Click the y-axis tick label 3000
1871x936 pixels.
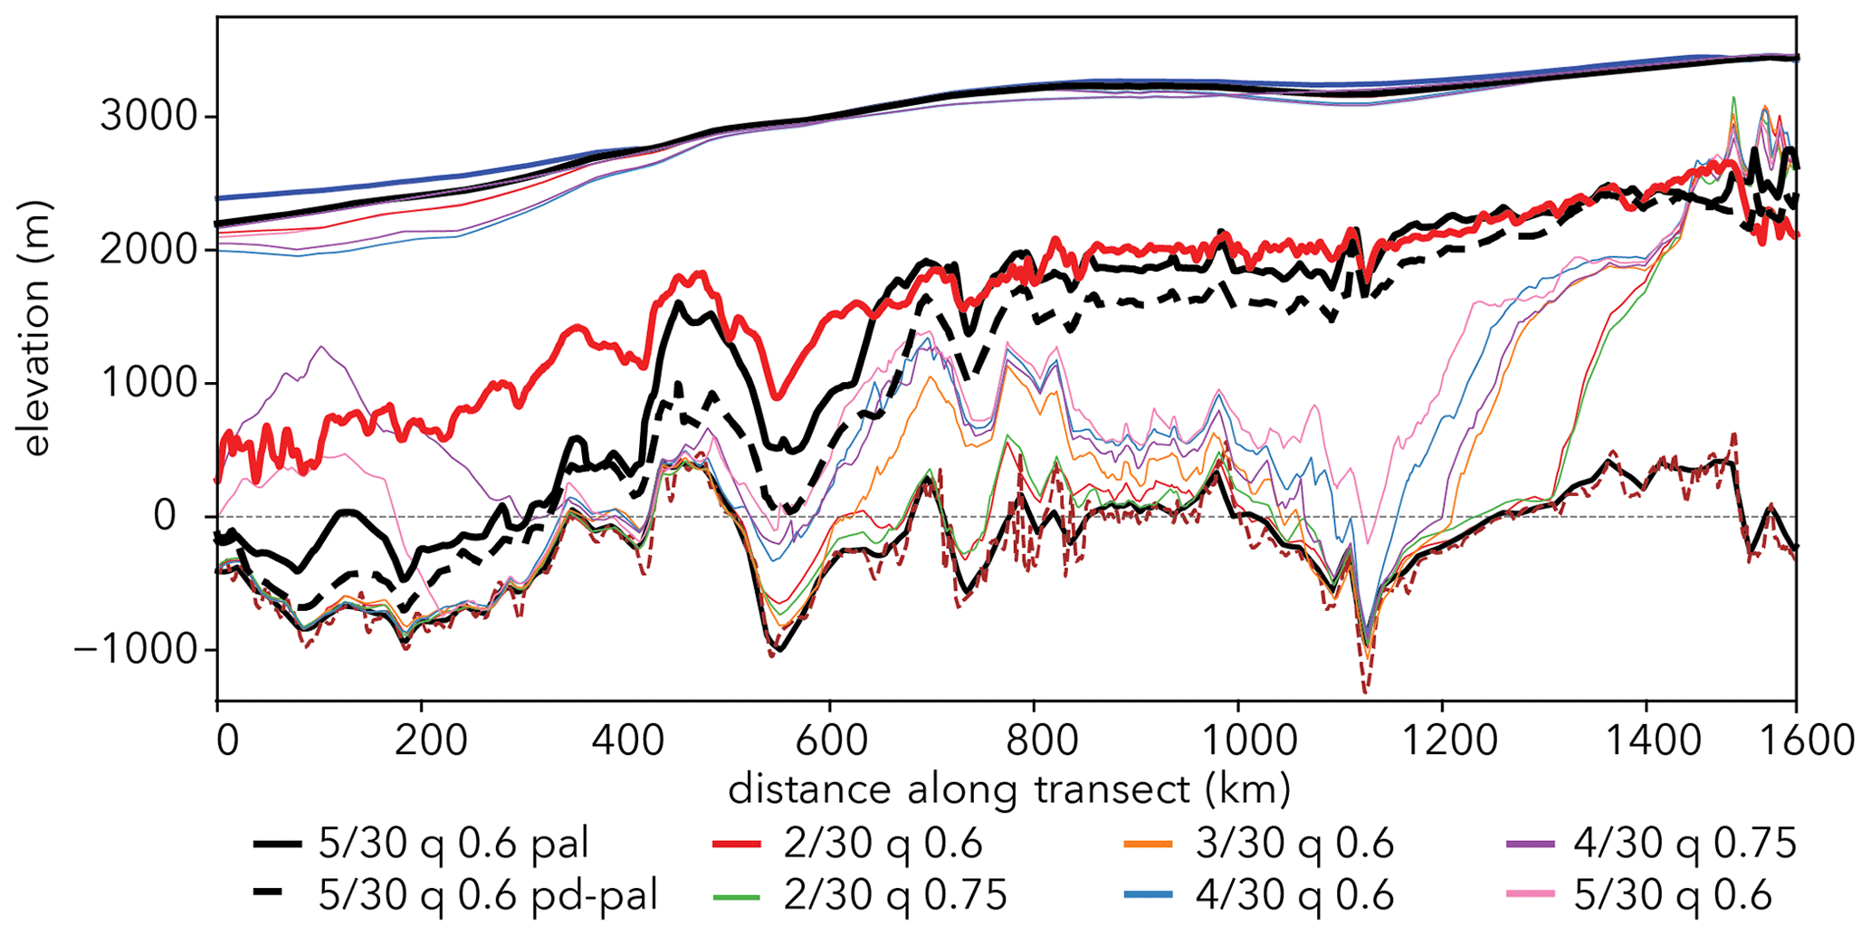point(147,117)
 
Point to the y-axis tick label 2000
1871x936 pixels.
point(147,250)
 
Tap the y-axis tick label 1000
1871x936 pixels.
point(147,383)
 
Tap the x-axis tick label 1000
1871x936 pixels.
point(1237,740)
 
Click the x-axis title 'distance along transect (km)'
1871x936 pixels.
point(1009,789)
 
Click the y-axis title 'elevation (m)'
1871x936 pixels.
point(36,329)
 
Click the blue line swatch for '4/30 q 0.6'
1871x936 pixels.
point(1148,895)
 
